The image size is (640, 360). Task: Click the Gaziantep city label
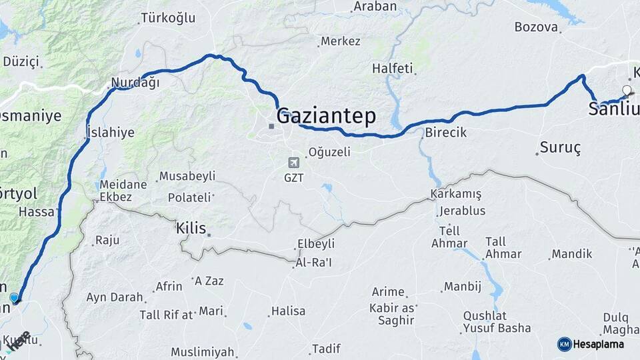[x=326, y=115]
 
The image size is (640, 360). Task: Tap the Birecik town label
[x=445, y=133]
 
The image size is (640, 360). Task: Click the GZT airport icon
[x=293, y=163]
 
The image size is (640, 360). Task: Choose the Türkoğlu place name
[x=169, y=18]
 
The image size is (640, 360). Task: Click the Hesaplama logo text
[x=598, y=344]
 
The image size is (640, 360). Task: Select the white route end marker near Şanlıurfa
[x=626, y=90]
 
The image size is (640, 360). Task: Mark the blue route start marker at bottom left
[x=15, y=297]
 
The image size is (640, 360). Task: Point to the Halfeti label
[x=393, y=68]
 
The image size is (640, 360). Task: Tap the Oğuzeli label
[x=329, y=152]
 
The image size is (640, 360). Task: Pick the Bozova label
[x=535, y=27]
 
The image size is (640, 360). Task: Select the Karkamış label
[x=456, y=193]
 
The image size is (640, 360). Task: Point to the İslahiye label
[x=110, y=133]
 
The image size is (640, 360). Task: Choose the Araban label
[x=375, y=7]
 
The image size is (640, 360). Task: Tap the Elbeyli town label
[x=316, y=244]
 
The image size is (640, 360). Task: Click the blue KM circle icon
[x=564, y=344]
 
